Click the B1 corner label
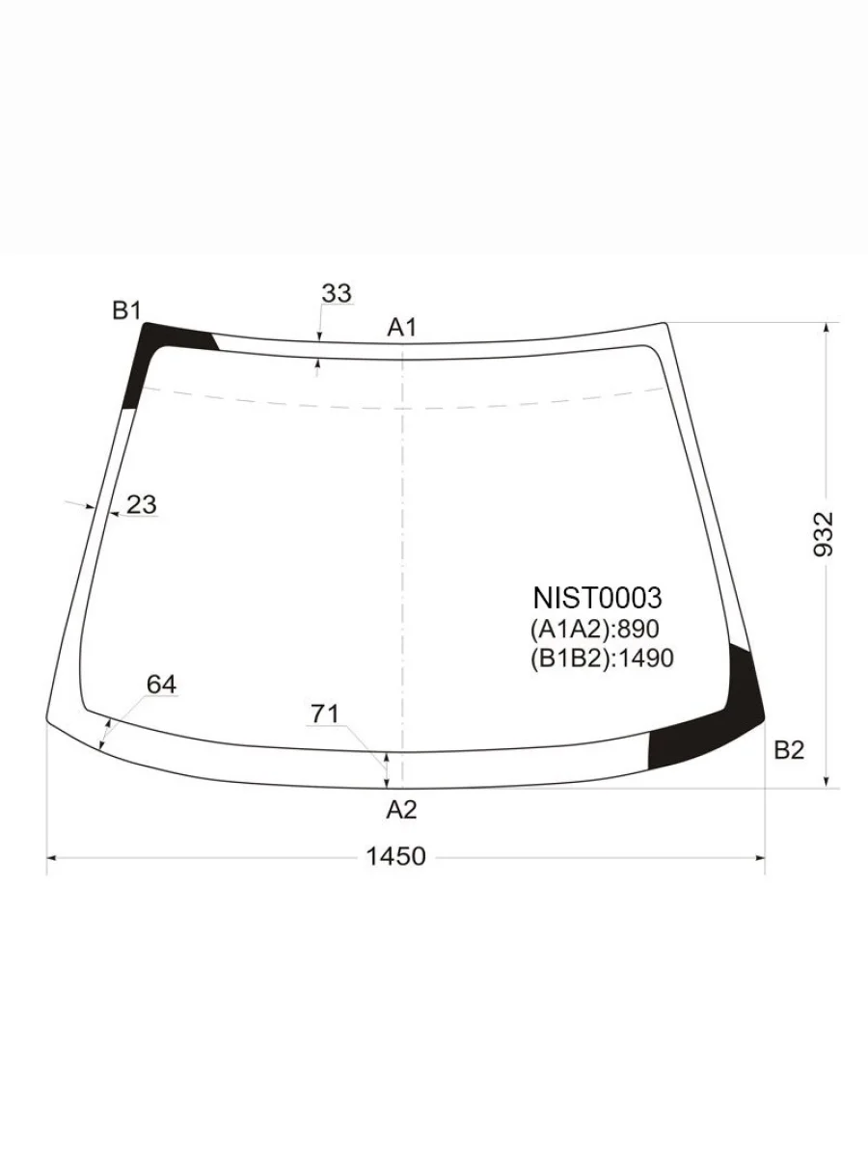[x=127, y=311]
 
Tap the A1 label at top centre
[x=401, y=327]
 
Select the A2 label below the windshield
[x=401, y=810]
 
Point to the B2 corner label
[x=789, y=750]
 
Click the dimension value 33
[x=337, y=293]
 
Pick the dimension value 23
[x=142, y=504]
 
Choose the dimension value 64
[x=161, y=685]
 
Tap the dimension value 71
[x=325, y=714]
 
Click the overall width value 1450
[x=395, y=856]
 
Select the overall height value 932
[x=825, y=534]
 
